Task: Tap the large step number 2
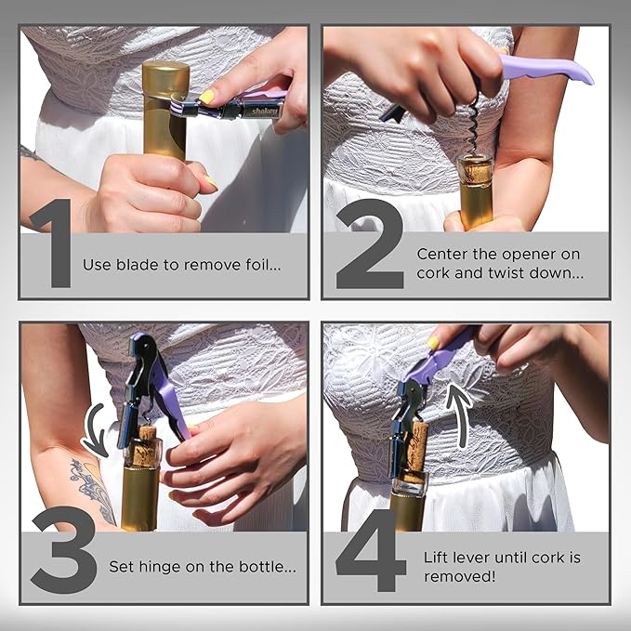369,243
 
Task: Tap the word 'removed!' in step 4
454,576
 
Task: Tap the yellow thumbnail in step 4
433,344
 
